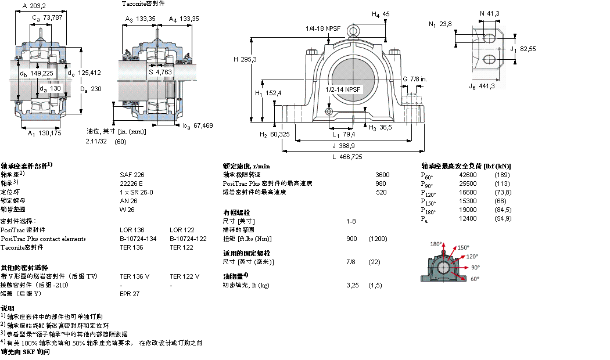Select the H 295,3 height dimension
pyautogui.click(x=245, y=59)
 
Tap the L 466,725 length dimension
pyautogui.click(x=346, y=157)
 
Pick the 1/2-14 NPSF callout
pyautogui.click(x=343, y=89)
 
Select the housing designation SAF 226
pyautogui.click(x=128, y=174)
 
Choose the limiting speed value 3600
pyautogui.click(x=382, y=174)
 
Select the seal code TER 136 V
pyautogui.click(x=134, y=276)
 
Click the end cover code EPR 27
pyautogui.click(x=129, y=294)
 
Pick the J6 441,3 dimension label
pyautogui.click(x=482, y=86)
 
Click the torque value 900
pyautogui.click(x=351, y=239)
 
